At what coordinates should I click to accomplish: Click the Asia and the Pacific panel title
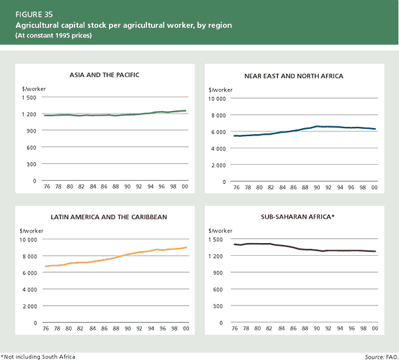104,76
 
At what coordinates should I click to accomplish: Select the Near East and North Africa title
296,76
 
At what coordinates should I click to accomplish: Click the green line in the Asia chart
106,115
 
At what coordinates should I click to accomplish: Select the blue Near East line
299,127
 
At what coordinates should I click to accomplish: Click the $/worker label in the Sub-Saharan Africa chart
220,230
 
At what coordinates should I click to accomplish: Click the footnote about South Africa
39,357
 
